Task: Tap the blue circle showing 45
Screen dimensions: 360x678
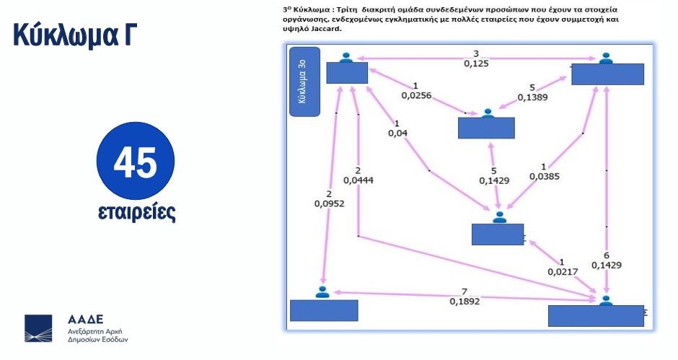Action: click(136, 164)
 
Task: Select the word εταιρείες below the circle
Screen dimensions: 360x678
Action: click(136, 213)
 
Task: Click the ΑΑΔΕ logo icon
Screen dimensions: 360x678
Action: click(38, 328)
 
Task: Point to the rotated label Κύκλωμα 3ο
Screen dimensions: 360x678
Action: click(304, 82)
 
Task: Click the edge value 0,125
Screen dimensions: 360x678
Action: click(476, 63)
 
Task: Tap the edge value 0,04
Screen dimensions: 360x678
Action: click(397, 133)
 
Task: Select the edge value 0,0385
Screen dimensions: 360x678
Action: click(545, 175)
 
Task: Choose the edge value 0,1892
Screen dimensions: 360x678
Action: click(465, 302)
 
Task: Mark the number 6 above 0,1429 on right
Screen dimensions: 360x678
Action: click(607, 255)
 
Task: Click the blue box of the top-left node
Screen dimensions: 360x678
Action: click(347, 72)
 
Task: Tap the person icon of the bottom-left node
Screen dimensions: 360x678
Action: click(322, 292)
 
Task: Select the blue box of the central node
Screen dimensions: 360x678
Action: click(486, 128)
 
